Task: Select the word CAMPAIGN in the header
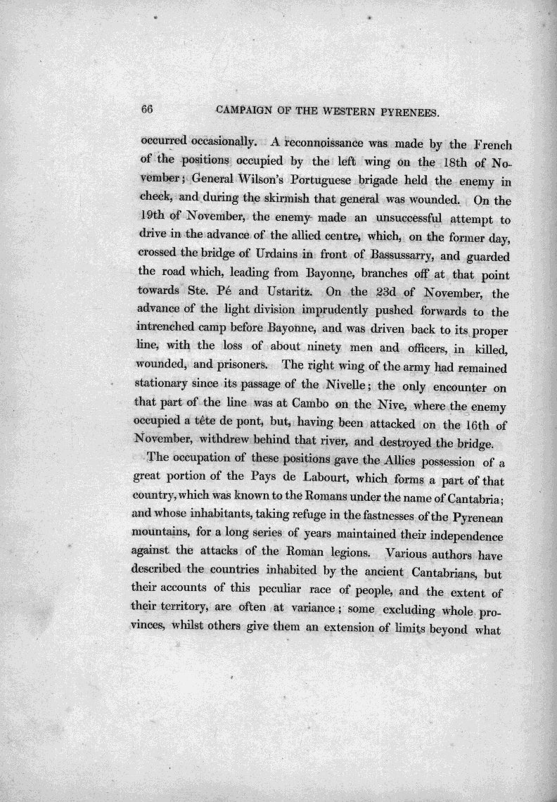click(243, 110)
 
